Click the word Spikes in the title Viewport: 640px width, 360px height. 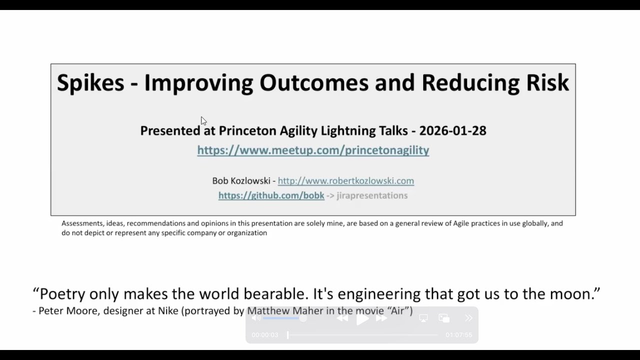tap(90, 83)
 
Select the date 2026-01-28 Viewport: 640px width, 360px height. tap(452, 130)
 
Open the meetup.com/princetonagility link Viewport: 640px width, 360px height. tap(313, 150)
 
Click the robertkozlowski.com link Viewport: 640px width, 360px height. tap(345, 180)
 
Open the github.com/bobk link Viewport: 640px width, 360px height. tap(271, 195)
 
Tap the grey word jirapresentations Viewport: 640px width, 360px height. tap(372, 195)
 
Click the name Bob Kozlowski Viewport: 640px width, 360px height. tap(241, 180)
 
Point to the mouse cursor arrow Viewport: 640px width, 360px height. tap(203, 120)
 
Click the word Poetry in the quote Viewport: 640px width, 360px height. tap(63, 293)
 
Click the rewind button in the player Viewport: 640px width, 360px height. tap(342, 318)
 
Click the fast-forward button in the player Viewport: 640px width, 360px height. tap(381, 318)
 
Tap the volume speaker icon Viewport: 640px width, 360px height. tap(256, 318)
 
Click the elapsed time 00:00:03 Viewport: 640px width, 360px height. tap(264, 335)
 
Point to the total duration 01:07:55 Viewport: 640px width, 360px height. tap(458, 335)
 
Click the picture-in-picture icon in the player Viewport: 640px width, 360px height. tap(443, 318)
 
